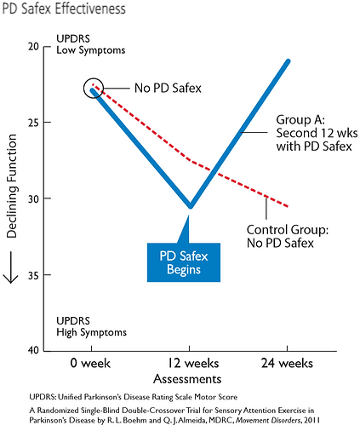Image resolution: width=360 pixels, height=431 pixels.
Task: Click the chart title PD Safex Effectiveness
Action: [65, 9]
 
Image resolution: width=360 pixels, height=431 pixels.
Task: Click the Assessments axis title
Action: [190, 379]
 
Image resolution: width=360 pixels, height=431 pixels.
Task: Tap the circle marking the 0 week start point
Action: [94, 87]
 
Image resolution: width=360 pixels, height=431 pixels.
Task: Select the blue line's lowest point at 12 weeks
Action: [190, 205]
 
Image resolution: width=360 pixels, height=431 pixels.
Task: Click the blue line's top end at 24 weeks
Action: [289, 61]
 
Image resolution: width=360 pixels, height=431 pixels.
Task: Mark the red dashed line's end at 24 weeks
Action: [288, 206]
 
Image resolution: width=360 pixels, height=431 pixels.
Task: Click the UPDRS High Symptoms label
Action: [91, 326]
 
